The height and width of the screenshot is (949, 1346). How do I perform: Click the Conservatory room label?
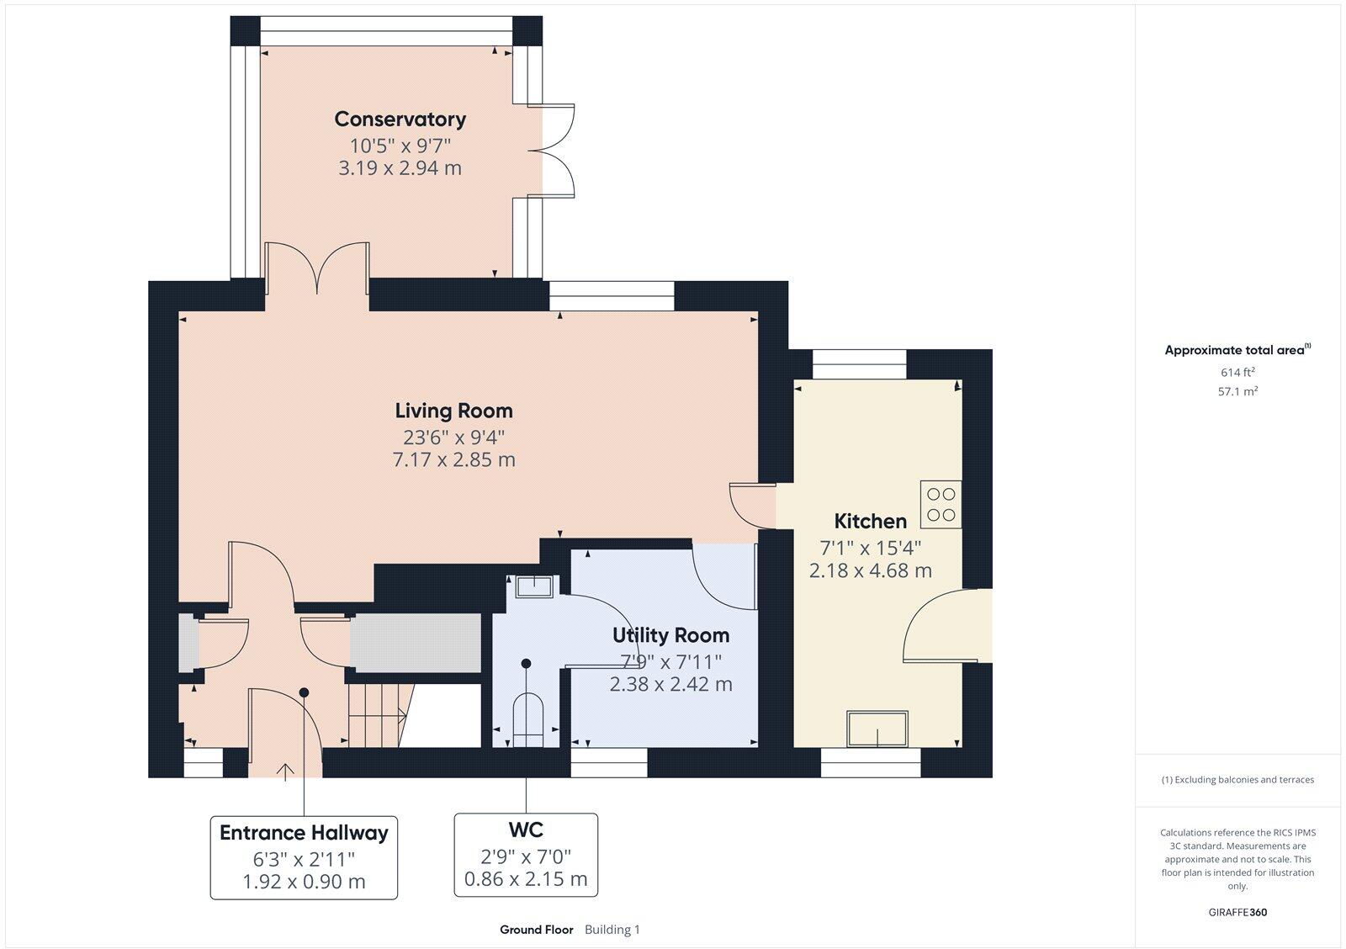[x=400, y=119]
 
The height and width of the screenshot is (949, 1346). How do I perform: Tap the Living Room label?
[x=453, y=411]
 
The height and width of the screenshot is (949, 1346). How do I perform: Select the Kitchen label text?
[x=870, y=521]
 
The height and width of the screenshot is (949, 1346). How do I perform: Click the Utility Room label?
[x=670, y=635]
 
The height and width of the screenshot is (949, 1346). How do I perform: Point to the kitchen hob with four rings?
[x=941, y=504]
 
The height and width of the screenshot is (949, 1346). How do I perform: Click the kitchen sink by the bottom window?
[x=877, y=729]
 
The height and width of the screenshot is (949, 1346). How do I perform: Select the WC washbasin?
[x=533, y=586]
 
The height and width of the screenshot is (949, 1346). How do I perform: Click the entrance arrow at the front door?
[x=285, y=770]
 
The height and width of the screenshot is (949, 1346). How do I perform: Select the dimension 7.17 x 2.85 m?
[x=453, y=460]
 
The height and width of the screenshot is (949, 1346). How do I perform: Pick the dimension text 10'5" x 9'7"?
[x=400, y=145]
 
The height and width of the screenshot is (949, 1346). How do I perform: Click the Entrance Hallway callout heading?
[x=304, y=833]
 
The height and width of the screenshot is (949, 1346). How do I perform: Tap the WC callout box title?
[x=526, y=830]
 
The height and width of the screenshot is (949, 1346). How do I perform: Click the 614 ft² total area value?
[x=1237, y=372]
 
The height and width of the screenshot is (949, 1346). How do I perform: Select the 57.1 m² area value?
[x=1237, y=391]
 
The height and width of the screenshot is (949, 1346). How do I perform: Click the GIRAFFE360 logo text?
[x=1237, y=912]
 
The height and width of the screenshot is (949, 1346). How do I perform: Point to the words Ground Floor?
[x=536, y=930]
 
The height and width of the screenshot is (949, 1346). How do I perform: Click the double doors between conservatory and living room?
[x=318, y=269]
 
